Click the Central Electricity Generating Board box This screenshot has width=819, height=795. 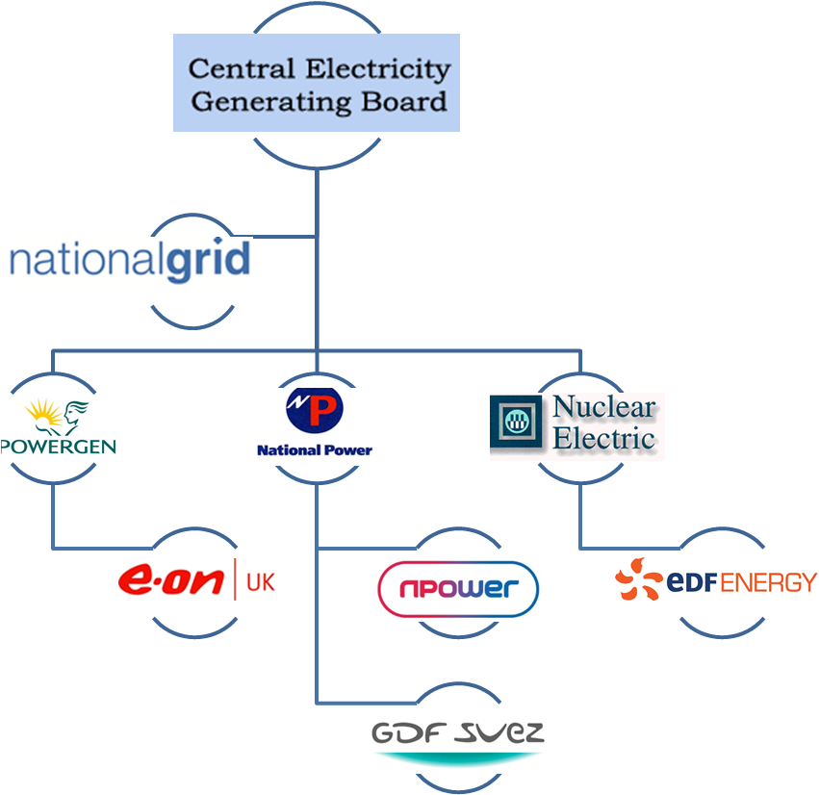316,83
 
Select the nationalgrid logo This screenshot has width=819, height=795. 129,261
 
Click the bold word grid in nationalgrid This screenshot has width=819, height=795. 207,261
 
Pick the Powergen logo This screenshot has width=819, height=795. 60,426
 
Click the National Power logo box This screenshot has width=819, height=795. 314,426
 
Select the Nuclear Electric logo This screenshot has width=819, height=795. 576,426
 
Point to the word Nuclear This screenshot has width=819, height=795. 603,407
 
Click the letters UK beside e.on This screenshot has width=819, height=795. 260,581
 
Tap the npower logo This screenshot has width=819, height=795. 458,588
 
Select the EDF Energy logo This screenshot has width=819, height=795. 716,580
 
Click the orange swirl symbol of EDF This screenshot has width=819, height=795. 639,579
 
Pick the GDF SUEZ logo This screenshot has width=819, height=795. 458,743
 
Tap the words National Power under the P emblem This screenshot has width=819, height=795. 315,449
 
